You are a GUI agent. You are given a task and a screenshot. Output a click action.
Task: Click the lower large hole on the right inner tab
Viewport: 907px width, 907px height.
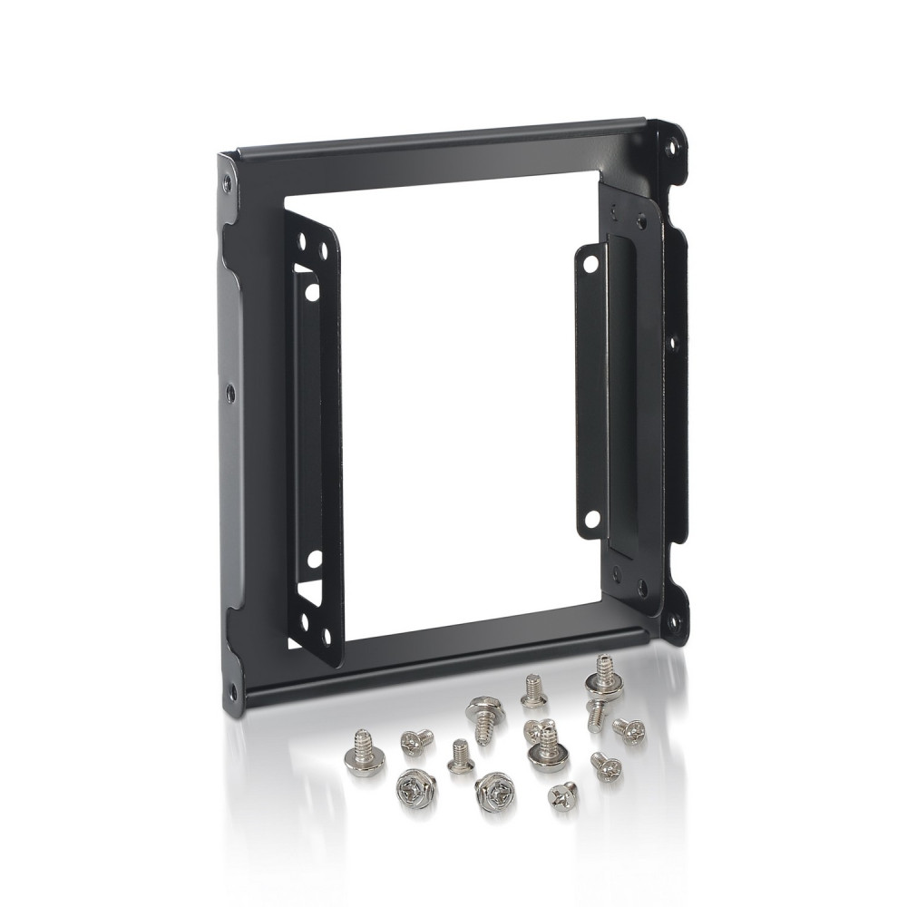pos(590,520)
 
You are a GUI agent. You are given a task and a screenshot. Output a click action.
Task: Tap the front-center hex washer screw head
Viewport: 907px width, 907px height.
pos(493,793)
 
